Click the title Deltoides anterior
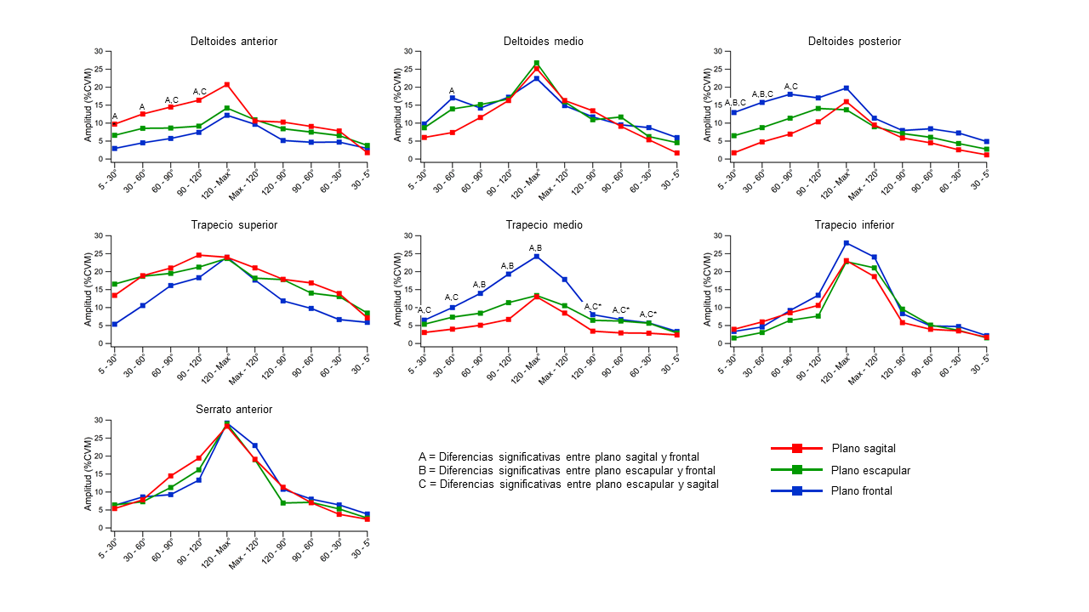tap(233, 41)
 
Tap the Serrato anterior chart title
tap(233, 410)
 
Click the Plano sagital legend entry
tap(863, 449)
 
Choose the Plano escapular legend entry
tap(870, 470)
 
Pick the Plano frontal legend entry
tap(862, 490)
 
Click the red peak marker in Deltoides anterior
tap(227, 84)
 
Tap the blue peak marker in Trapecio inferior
tap(847, 243)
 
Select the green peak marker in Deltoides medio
tap(537, 63)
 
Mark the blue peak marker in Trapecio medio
tap(537, 256)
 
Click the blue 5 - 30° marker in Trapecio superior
tap(114, 324)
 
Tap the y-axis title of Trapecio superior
tap(88, 290)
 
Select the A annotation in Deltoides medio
tap(452, 91)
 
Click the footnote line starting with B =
tap(567, 470)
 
